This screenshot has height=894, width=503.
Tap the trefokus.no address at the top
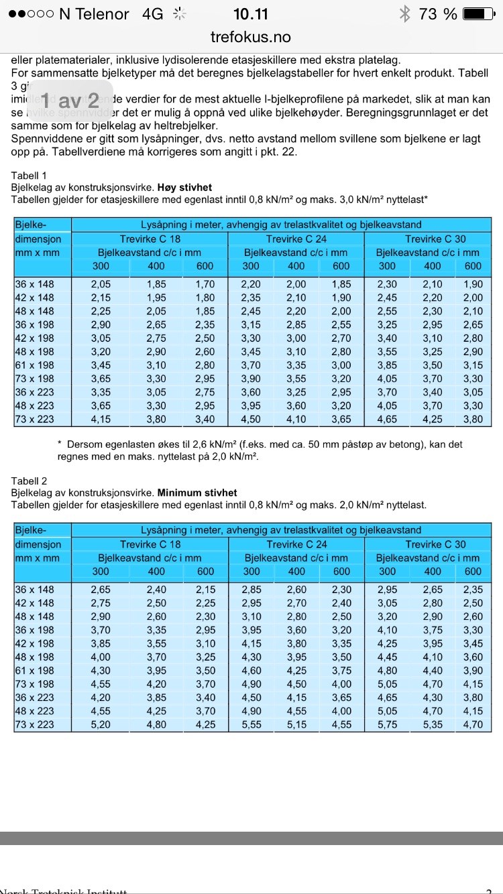coord(251,37)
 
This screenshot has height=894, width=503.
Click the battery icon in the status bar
coord(479,13)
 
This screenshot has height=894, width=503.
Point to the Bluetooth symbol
coord(404,13)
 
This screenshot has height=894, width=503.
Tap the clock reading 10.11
coord(251,13)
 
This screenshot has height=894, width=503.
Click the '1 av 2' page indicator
coord(70,101)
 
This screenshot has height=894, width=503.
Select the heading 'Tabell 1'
coord(30,176)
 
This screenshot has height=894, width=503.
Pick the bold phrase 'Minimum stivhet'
coord(197,493)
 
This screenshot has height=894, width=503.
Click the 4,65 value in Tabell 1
coord(387,420)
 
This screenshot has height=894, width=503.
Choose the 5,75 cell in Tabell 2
coord(387,725)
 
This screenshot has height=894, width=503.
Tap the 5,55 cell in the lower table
coord(251,725)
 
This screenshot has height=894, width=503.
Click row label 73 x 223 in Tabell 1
coord(35,420)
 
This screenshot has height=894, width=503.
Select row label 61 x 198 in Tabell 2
coord(35,671)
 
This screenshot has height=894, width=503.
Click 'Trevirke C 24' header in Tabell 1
coord(296,239)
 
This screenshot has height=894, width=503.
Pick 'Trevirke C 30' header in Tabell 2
coord(435,544)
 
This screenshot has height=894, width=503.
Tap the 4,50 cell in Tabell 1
coord(251,420)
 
